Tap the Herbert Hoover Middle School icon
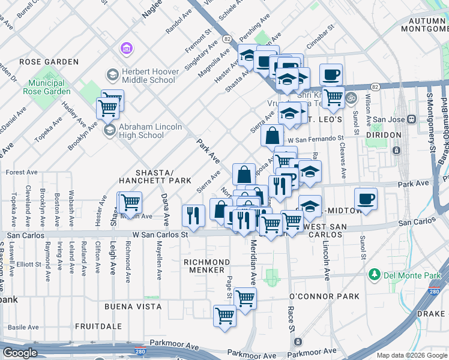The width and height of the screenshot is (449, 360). (x=112, y=75)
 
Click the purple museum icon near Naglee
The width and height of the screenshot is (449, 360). (x=126, y=47)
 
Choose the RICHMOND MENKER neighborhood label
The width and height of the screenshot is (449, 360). (x=206, y=266)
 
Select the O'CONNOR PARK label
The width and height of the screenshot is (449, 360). (x=324, y=296)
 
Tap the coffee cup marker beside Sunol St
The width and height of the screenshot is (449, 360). (x=366, y=200)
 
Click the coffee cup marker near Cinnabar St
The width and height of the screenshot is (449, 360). (x=331, y=75)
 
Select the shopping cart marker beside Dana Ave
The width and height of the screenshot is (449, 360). (x=130, y=203)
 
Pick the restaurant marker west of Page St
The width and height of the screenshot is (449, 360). (x=193, y=216)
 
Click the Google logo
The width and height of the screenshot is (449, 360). (x=20, y=353)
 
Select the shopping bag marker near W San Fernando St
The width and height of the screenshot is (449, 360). (x=272, y=136)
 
